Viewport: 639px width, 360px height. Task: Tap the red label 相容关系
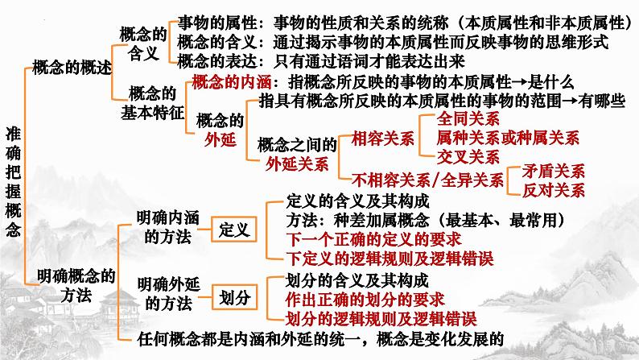pos(382,137)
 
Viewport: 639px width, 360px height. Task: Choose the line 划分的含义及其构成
pos(357,281)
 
